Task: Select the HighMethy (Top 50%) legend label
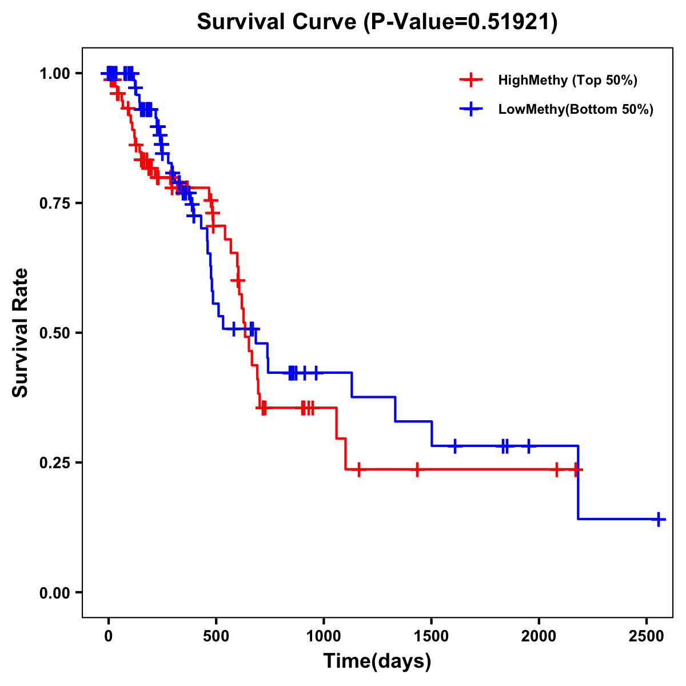coord(567,80)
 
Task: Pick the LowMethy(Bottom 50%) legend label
coord(576,110)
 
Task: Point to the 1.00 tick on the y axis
coord(54,74)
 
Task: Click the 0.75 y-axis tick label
coord(54,204)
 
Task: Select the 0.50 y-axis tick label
coord(54,333)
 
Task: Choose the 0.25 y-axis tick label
coord(54,462)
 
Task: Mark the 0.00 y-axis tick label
coord(54,593)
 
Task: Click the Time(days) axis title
coord(377,661)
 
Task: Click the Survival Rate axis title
coord(21,333)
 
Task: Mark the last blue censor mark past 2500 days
coord(659,519)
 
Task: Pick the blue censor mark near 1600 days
coord(455,446)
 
